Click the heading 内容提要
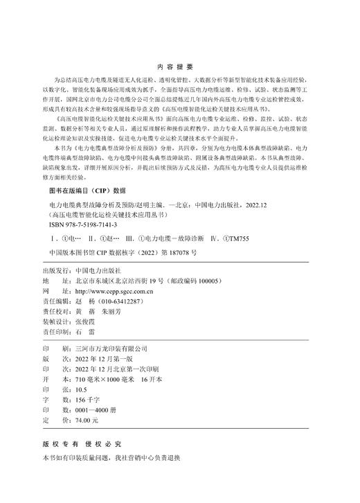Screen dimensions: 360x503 [179, 67]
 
